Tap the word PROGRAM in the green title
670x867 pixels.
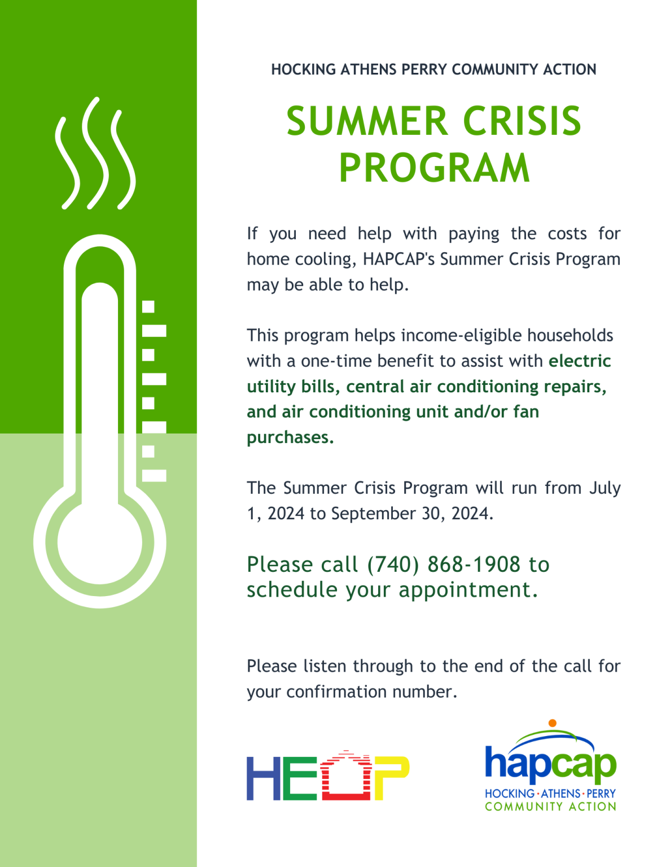pos(434,168)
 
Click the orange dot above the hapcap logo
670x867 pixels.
pos(553,723)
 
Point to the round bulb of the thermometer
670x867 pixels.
pos(100,542)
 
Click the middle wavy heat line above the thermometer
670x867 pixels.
pos(95,152)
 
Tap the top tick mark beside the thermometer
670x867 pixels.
pos(148,306)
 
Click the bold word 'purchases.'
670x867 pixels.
pos(290,437)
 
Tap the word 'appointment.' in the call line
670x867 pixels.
pos(468,590)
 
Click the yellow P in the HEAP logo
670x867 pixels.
pos(391,777)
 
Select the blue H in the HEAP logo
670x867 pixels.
pos(264,777)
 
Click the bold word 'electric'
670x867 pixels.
pos(580,361)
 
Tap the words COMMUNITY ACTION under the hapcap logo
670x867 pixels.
pos(550,807)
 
